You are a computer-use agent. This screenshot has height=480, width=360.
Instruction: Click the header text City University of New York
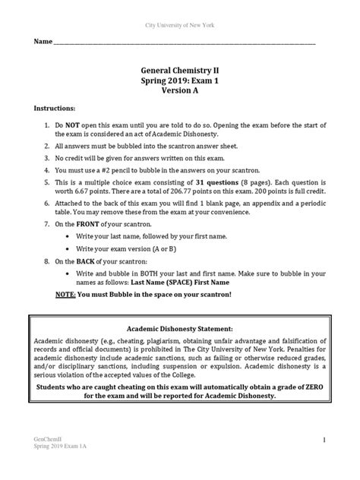coord(180,25)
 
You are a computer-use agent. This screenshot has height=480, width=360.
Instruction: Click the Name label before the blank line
coord(42,41)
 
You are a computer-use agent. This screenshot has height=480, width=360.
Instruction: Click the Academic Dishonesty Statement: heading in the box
coord(180,328)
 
